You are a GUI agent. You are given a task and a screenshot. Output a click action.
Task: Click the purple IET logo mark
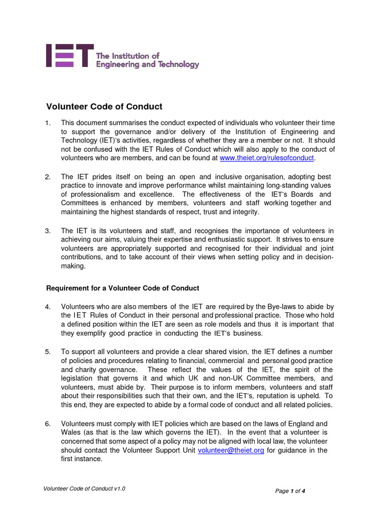(69, 55)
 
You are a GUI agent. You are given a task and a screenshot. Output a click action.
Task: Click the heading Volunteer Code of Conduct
(104, 107)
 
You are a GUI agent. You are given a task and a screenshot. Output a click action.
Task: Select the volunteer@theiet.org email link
(231, 450)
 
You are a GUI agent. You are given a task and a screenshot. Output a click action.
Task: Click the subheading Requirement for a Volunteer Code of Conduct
(122, 288)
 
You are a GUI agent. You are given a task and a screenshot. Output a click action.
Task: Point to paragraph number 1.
(48, 123)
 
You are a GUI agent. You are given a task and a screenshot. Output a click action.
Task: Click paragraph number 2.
(48, 177)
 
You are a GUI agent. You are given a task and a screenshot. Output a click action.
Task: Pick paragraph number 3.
(48, 231)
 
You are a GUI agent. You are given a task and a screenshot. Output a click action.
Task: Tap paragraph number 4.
(48, 306)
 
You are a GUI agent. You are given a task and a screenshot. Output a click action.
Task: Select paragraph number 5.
(48, 352)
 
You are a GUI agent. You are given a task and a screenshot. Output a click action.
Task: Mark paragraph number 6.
(48, 423)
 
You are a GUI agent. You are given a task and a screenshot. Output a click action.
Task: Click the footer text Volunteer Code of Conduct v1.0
(85, 489)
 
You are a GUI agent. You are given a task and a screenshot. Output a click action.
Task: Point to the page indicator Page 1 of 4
(290, 491)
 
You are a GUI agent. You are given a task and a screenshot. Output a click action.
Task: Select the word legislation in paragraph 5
(80, 379)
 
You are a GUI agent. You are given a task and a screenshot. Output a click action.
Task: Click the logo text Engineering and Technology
(147, 64)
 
